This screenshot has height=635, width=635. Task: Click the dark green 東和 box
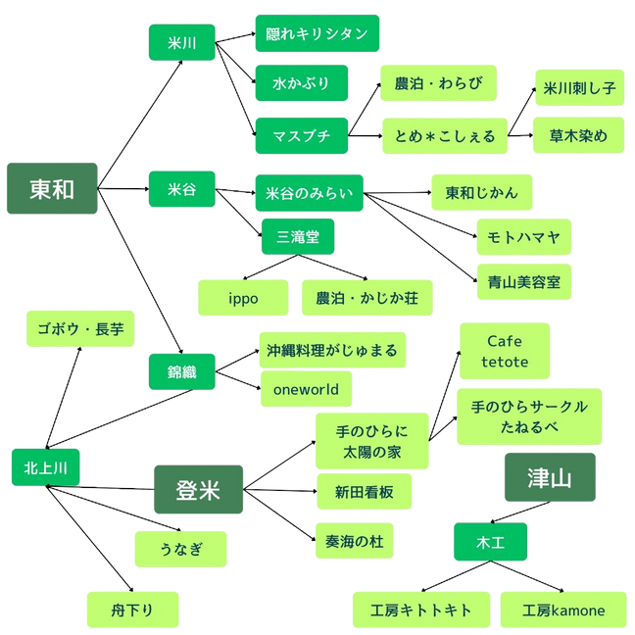pyautogui.click(x=51, y=189)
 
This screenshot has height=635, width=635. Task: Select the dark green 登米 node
pyautogui.click(x=198, y=489)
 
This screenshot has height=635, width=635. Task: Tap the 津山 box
pyautogui.click(x=549, y=478)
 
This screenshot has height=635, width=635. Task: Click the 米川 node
pyautogui.click(x=182, y=42)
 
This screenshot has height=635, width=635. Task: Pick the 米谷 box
pyautogui.click(x=182, y=189)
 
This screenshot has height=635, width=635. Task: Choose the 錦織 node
pyautogui.click(x=182, y=371)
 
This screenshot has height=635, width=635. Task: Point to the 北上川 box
pyautogui.click(x=45, y=467)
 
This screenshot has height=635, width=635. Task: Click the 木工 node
pyautogui.click(x=490, y=540)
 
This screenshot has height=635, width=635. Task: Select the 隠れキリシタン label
pyautogui.click(x=317, y=34)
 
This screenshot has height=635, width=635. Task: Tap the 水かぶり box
pyautogui.click(x=301, y=83)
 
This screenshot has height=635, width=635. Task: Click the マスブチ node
pyautogui.click(x=301, y=134)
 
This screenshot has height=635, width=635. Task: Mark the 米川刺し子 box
pyautogui.click(x=580, y=87)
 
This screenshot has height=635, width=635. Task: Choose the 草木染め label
pyautogui.click(x=580, y=134)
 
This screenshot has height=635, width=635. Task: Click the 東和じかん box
pyautogui.click(x=481, y=192)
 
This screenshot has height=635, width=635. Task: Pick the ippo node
pyautogui.click(x=244, y=298)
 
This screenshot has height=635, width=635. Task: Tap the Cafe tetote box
pyautogui.click(x=505, y=351)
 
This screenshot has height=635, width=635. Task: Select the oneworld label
pyautogui.click(x=307, y=389)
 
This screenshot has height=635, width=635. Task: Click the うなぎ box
pyautogui.click(x=181, y=549)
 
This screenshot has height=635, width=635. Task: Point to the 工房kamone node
pyautogui.click(x=563, y=610)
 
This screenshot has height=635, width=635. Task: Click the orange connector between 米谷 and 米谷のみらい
pyautogui.click(x=235, y=182)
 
